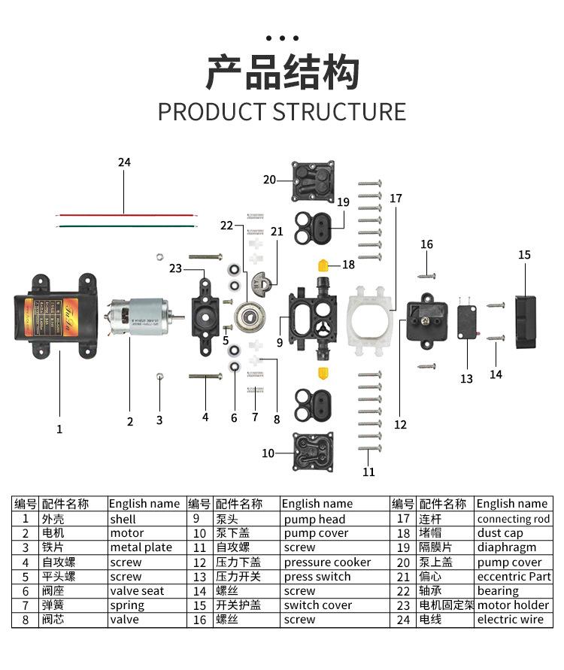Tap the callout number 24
124,162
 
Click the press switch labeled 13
467,324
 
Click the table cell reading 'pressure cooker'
327,562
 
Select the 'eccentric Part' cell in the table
514,577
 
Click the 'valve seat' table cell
137,591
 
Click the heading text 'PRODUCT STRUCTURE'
281,111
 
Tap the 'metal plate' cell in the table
141,548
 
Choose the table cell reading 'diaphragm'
507,548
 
